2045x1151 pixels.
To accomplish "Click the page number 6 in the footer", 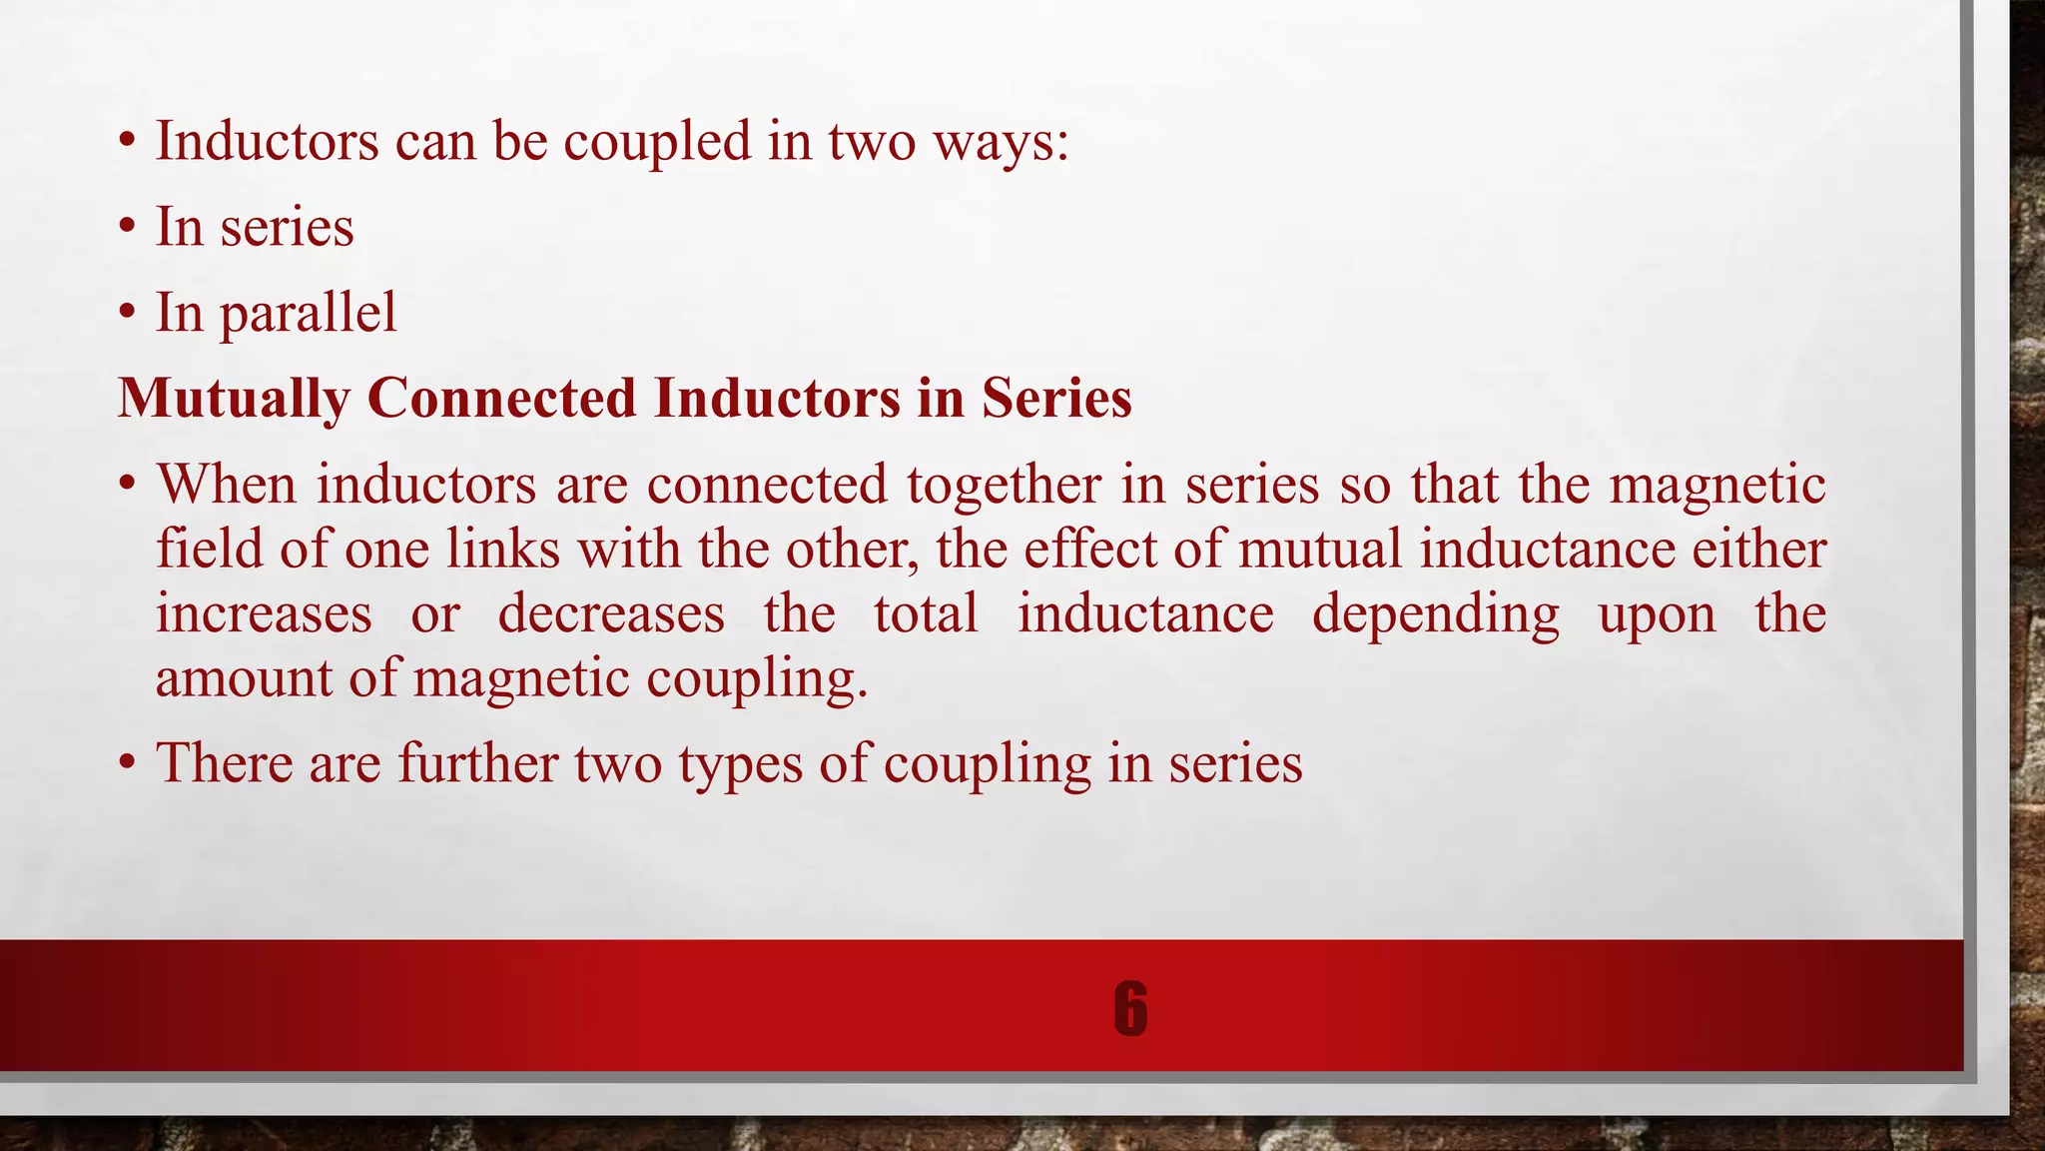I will (x=1129, y=1008).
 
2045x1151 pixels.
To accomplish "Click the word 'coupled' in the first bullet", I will (x=657, y=142).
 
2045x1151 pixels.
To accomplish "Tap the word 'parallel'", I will (x=308, y=314).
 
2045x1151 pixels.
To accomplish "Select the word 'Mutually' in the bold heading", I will (x=234, y=399).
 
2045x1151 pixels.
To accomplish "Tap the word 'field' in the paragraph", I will (x=209, y=549).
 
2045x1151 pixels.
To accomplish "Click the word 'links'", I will (x=502, y=549).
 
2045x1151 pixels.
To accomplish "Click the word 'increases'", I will (x=264, y=613).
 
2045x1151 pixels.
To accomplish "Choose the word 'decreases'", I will (x=611, y=613).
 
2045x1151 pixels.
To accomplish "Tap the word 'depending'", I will (x=1435, y=615).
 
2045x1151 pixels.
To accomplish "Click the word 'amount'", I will (x=244, y=678).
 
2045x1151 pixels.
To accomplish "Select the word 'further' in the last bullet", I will (x=478, y=763).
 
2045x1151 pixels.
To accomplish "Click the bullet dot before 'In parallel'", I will (x=127, y=314).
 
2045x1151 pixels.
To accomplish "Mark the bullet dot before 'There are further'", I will (x=127, y=764).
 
